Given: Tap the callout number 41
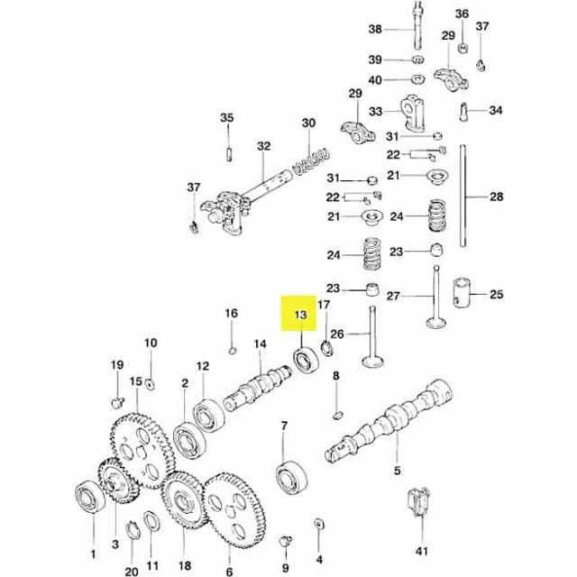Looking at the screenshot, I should coord(420,550).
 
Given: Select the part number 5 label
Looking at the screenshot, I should coord(396,470).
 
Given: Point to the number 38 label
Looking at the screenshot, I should coord(376,29).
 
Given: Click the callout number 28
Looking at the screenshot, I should coord(496,197).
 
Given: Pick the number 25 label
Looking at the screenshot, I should coord(496,294).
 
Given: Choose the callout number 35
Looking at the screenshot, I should coord(226,118).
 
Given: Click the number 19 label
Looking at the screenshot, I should coord(116,364).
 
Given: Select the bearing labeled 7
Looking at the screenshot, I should coord(292,476).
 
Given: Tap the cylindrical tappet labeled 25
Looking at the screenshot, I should coord(464,292).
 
